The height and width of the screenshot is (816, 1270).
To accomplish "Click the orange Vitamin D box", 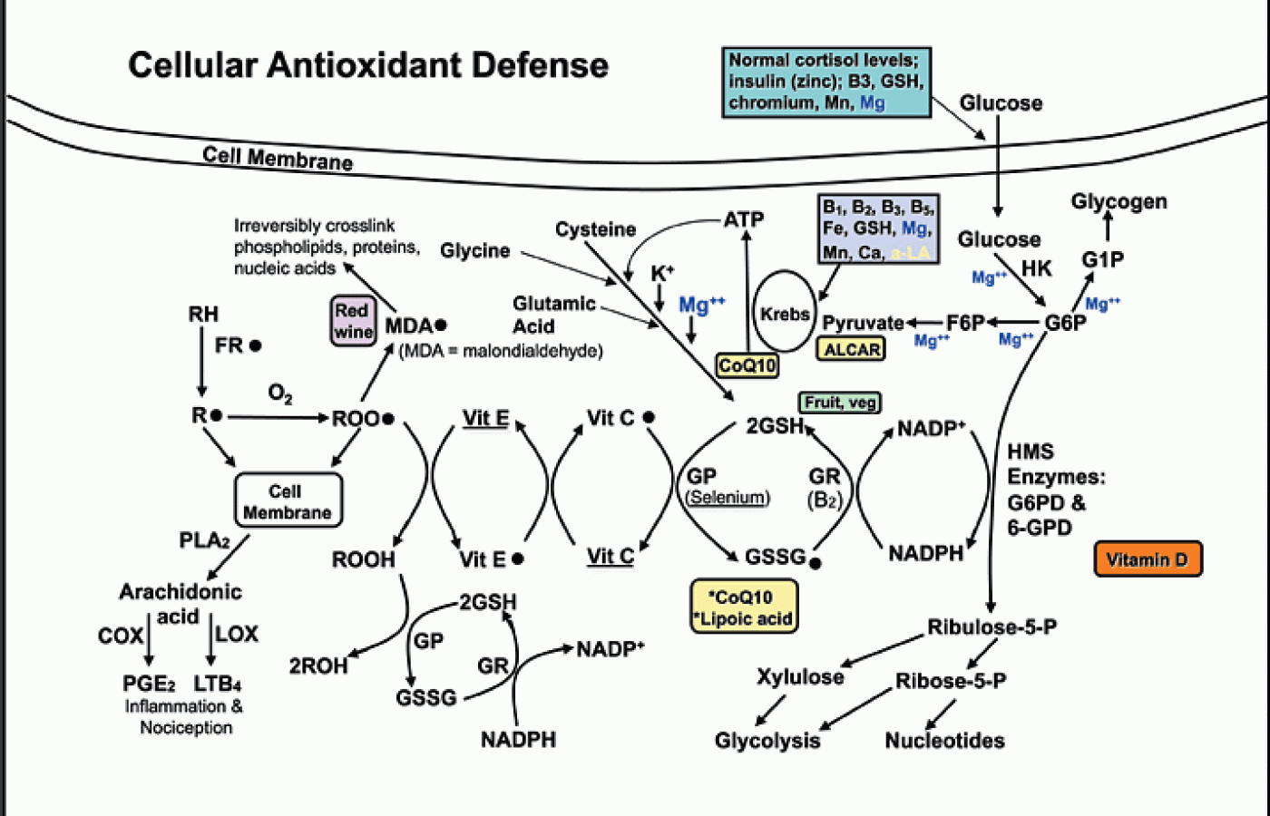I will coord(1148,559).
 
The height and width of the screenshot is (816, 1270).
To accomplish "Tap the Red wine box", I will coord(353,321).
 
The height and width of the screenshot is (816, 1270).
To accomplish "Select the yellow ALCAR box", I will coord(852,349).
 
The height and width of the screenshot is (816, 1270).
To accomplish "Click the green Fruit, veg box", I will coord(840,402).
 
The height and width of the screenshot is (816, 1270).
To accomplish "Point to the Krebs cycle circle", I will coord(785,314).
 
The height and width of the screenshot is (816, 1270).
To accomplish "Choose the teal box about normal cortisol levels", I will coord(825,82).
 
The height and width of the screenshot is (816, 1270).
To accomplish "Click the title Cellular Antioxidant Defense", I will coord(368,65).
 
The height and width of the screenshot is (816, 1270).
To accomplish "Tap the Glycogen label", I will coord(1119,201).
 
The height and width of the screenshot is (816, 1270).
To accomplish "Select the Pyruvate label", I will coord(863,323).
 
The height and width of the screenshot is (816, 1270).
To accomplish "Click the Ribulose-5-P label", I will coord(992,627).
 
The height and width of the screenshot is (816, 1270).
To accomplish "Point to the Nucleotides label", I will coord(944,741).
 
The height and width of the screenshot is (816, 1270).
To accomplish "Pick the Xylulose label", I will coord(800,676).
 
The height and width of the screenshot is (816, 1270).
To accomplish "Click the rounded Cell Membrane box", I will coord(288,501).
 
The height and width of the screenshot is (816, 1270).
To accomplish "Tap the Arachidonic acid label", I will coord(180,603).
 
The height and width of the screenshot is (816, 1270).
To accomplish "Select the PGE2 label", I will coord(149,684).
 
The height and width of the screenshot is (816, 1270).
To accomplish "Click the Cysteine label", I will coord(595,229).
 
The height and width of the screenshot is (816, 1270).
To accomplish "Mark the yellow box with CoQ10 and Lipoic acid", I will coord(744,607).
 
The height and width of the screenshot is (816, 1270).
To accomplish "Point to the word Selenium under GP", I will coord(728,497).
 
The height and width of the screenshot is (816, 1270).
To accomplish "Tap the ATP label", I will coord(744,219).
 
